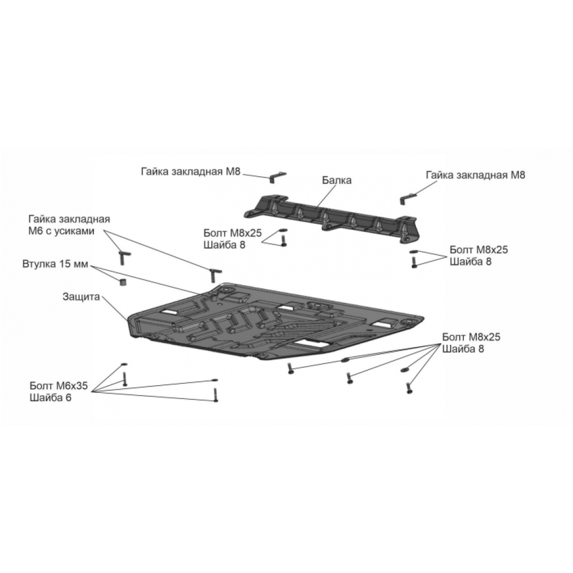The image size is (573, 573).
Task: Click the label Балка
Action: pyautogui.click(x=337, y=180)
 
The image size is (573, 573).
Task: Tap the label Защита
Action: pyautogui.click(x=81, y=296)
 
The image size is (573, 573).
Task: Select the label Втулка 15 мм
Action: pyautogui.click(x=55, y=264)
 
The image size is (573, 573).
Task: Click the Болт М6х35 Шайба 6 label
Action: pyautogui.click(x=59, y=391)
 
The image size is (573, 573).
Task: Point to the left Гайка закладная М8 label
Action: pyautogui.click(x=190, y=171)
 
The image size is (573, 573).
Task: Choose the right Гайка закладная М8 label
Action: pyautogui.click(x=475, y=175)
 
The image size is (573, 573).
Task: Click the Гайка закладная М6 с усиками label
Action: pyautogui.click(x=69, y=225)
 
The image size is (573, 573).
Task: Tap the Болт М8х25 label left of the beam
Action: pyautogui.click(x=233, y=233)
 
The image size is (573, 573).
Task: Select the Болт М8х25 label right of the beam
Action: pyautogui.click(x=479, y=249)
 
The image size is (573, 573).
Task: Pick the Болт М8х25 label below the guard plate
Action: pyautogui.click(x=471, y=337)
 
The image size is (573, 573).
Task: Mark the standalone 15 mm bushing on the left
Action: pyautogui.click(x=123, y=282)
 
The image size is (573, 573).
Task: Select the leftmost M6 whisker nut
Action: pyautogui.click(x=123, y=257)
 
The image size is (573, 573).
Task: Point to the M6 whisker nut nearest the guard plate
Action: pyautogui.click(x=214, y=274)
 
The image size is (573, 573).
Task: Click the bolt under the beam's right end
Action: pyautogui.click(x=414, y=262)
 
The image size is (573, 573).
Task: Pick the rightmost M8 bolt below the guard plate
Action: pyautogui.click(x=409, y=387)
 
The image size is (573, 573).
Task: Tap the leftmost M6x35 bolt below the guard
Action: pyautogui.click(x=124, y=379)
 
